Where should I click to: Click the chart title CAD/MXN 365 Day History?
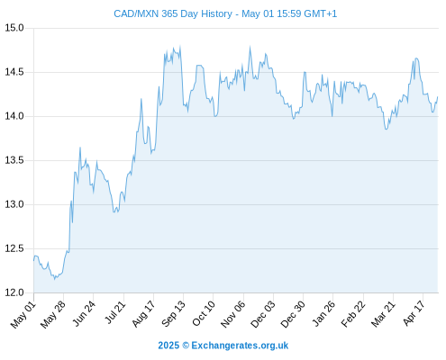173,13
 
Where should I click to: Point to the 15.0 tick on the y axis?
14,28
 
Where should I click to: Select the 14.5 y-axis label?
14,72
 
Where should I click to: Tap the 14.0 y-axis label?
14,116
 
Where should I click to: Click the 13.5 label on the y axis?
14,160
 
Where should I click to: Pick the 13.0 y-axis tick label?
14,204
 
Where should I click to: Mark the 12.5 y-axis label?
14,248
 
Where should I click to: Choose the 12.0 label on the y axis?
14,292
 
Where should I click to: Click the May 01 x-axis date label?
23,315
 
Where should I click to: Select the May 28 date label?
53,315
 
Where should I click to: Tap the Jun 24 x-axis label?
84,313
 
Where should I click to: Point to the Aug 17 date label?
143,314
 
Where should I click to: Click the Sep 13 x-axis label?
173,314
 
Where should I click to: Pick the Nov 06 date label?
232,314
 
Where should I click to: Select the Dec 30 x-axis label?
293,315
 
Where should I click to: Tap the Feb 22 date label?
353,314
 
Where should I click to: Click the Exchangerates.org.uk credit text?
240,346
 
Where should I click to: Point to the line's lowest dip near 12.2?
54,279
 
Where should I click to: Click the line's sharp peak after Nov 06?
250,47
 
